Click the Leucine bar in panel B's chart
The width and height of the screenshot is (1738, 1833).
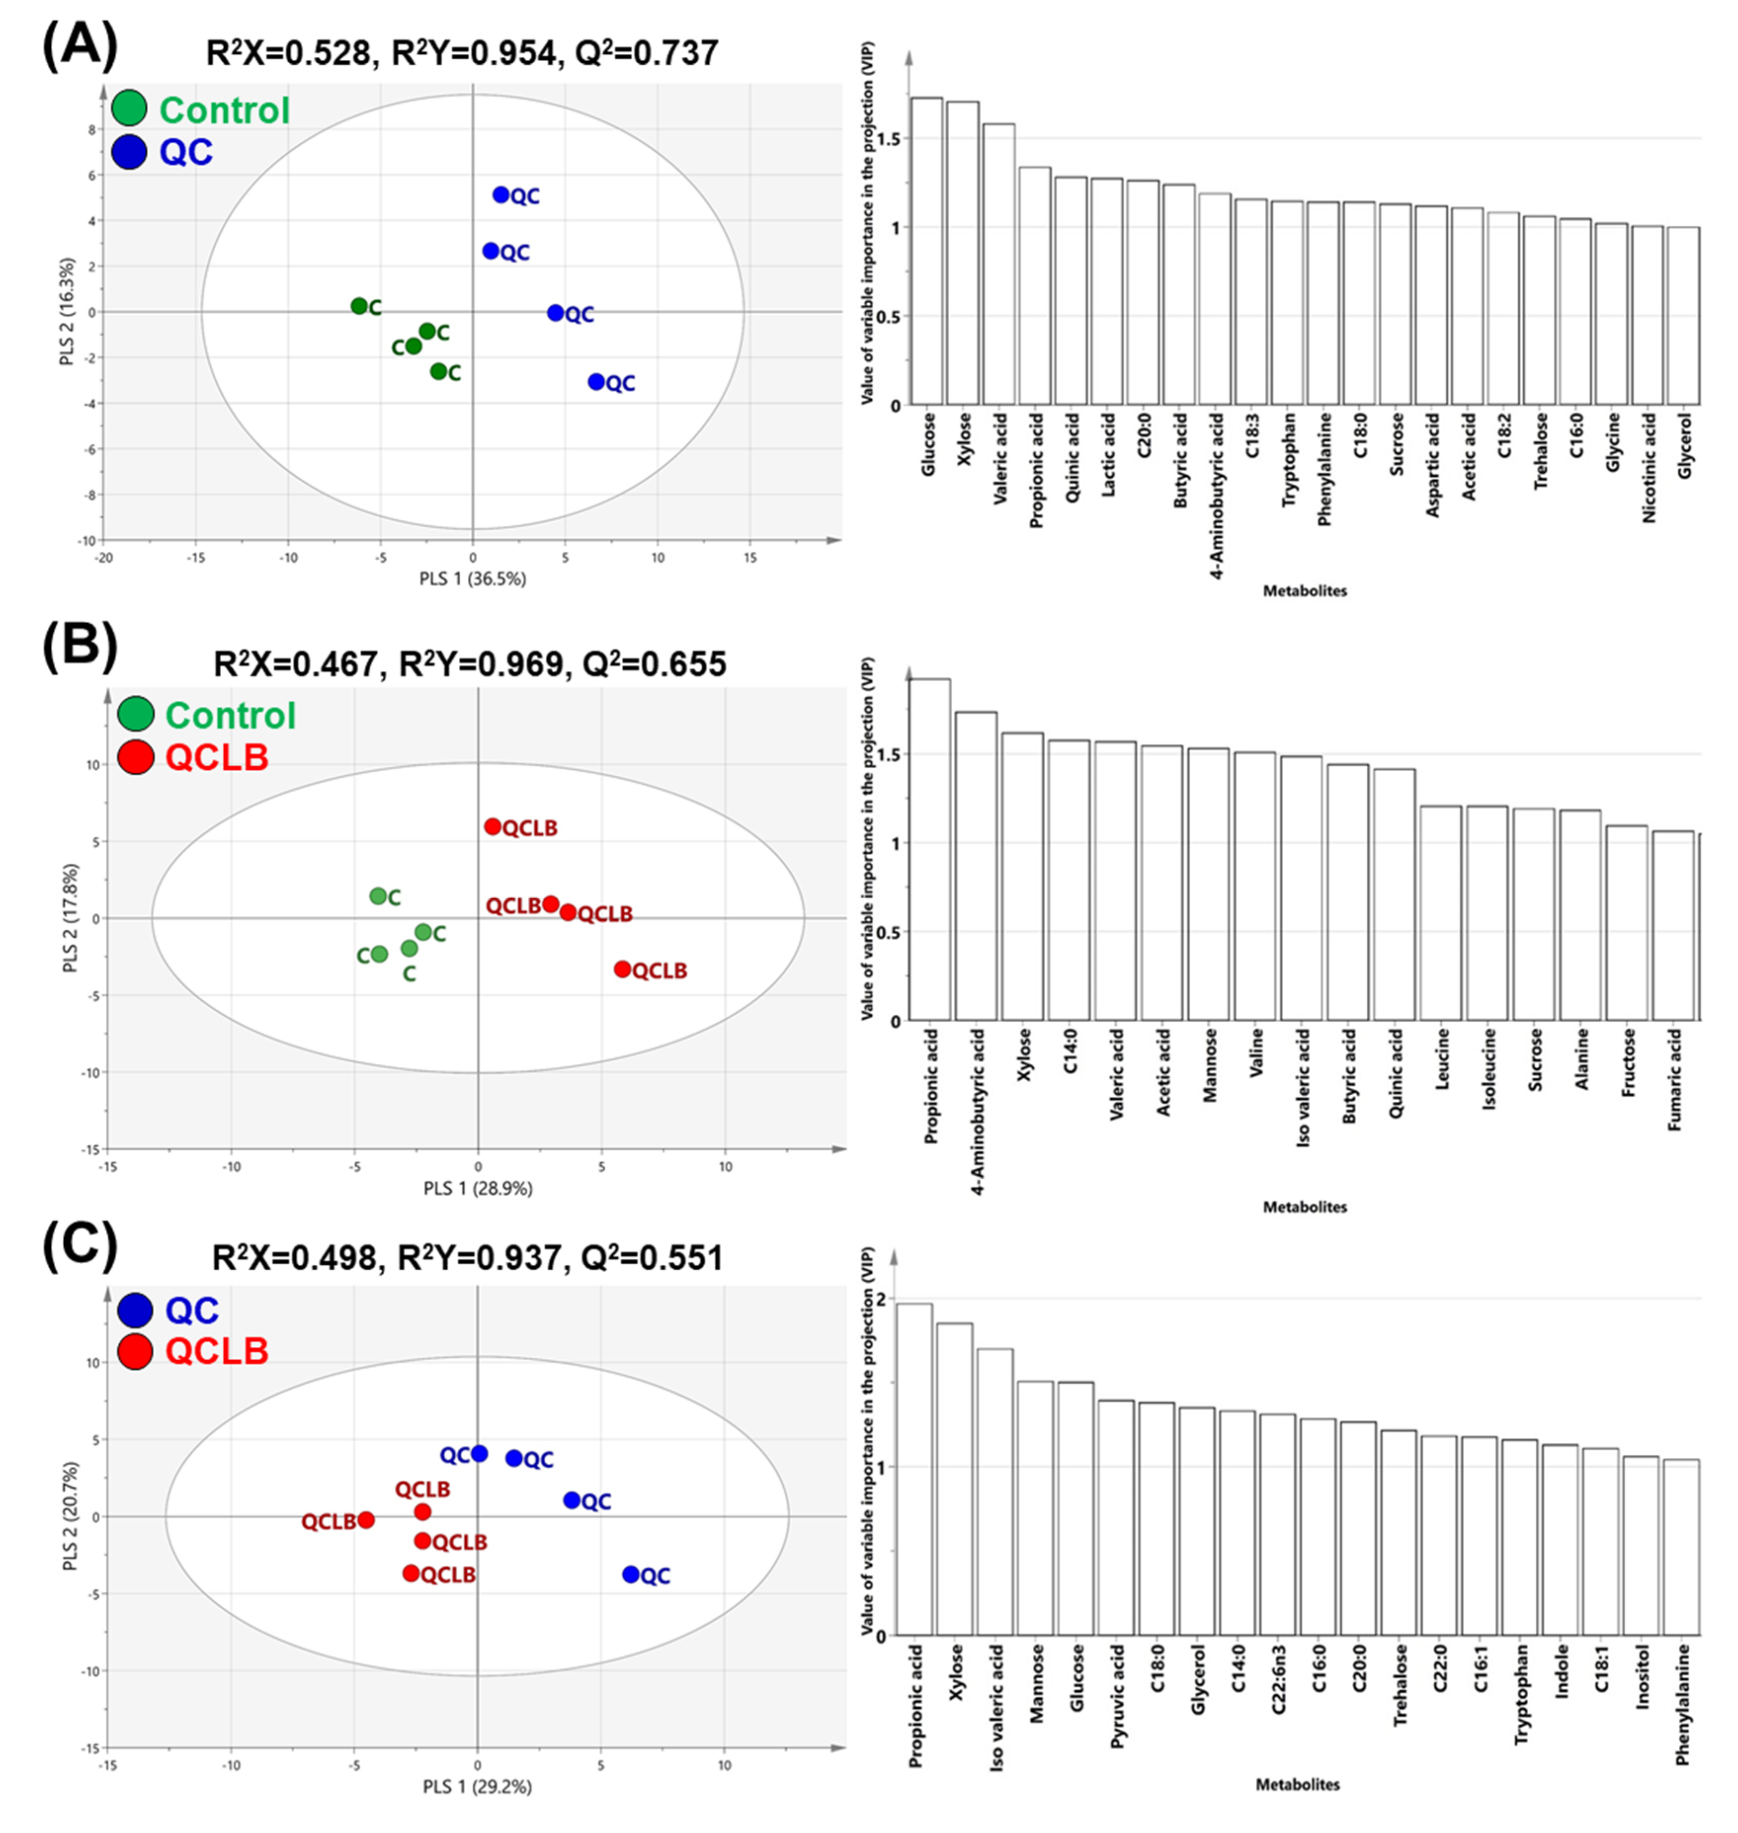click(1441, 913)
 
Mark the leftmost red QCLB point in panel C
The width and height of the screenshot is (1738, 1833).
click(366, 1520)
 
